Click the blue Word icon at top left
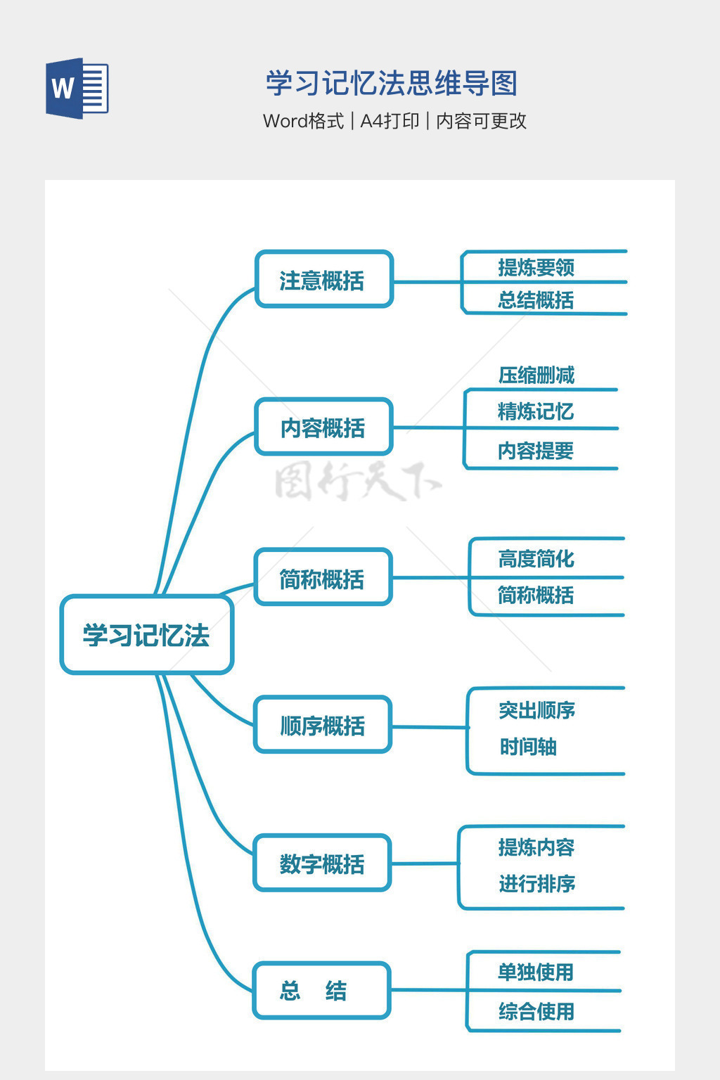(x=77, y=88)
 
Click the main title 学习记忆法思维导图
(x=392, y=83)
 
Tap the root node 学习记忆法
(x=146, y=635)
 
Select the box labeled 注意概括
(x=323, y=280)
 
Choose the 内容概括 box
(x=323, y=427)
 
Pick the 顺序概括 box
(x=322, y=725)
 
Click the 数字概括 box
(x=322, y=863)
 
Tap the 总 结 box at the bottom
(x=321, y=991)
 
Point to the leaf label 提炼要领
(x=536, y=267)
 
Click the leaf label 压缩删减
(x=536, y=375)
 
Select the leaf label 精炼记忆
(x=536, y=411)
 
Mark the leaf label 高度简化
(x=536, y=559)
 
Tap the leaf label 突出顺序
(x=537, y=711)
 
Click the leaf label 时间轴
(x=528, y=747)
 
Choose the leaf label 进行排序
(x=537, y=884)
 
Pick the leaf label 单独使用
(x=536, y=972)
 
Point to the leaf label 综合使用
(x=536, y=1012)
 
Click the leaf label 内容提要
(x=536, y=451)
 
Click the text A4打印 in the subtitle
(x=390, y=121)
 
